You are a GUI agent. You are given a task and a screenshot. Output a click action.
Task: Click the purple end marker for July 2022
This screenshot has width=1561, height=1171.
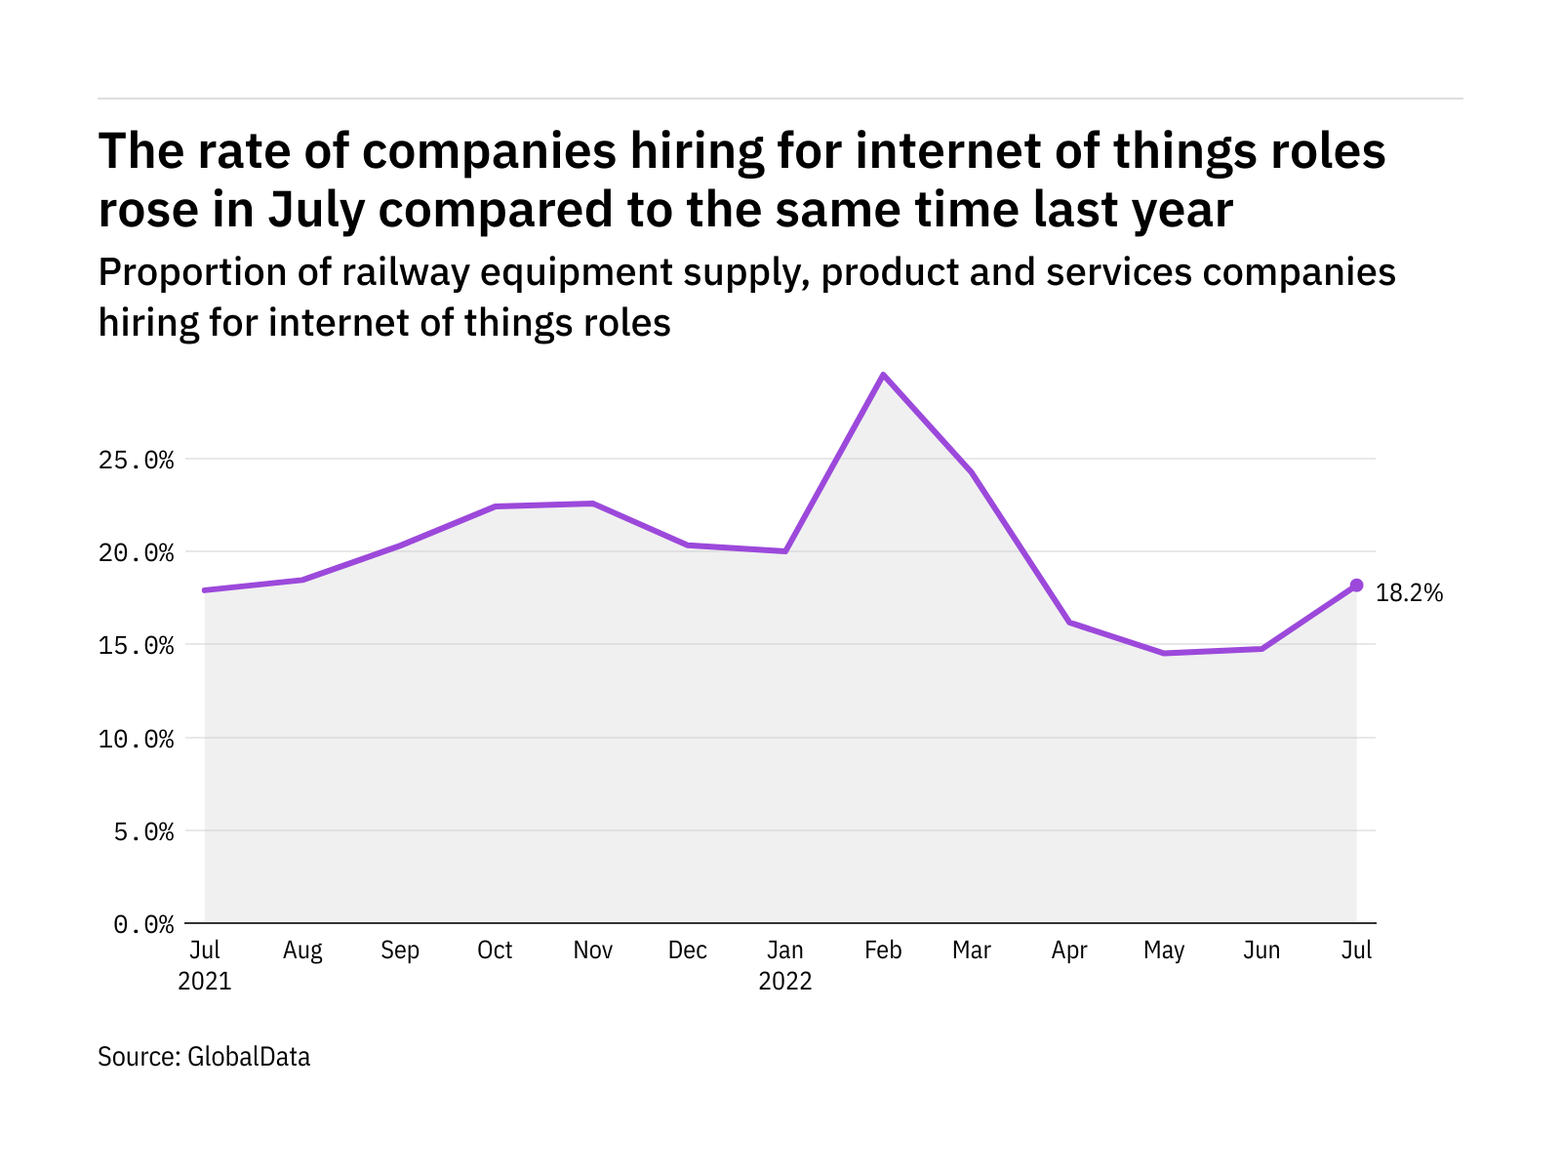(1356, 585)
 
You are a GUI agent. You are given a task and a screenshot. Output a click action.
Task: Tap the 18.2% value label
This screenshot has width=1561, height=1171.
(1409, 593)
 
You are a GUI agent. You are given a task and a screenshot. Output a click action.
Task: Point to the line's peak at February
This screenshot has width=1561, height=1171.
(883, 375)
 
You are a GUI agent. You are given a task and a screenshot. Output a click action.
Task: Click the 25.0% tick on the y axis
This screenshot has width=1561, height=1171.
(137, 460)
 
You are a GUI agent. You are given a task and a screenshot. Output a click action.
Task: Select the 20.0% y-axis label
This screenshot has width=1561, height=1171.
(137, 553)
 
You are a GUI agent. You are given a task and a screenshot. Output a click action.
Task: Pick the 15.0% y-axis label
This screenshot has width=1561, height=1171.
(137, 646)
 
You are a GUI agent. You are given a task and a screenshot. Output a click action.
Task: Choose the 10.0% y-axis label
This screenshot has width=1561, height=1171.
(137, 739)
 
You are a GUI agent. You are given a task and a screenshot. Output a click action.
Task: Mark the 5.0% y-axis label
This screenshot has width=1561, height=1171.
(143, 831)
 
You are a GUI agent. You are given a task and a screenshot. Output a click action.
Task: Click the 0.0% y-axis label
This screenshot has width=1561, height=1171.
(143, 924)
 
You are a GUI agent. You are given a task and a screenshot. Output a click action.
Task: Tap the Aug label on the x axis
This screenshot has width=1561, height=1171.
(302, 950)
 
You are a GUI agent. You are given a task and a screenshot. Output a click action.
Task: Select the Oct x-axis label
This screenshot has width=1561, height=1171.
(495, 950)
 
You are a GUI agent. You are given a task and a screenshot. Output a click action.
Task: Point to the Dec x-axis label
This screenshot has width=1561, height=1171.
(688, 950)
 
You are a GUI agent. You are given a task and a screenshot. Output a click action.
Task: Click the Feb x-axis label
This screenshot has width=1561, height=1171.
(883, 950)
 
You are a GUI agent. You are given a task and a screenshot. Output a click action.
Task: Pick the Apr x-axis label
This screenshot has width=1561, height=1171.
(1069, 950)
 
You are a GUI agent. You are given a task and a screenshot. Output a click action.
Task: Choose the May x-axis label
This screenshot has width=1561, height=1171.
(1164, 950)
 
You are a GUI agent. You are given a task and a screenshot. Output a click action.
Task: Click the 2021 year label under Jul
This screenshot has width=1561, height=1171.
(205, 981)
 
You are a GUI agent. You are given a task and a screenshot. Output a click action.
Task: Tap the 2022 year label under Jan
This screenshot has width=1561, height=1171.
(785, 981)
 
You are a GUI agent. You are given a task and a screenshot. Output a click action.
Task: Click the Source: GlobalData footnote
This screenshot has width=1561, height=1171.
(204, 1057)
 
